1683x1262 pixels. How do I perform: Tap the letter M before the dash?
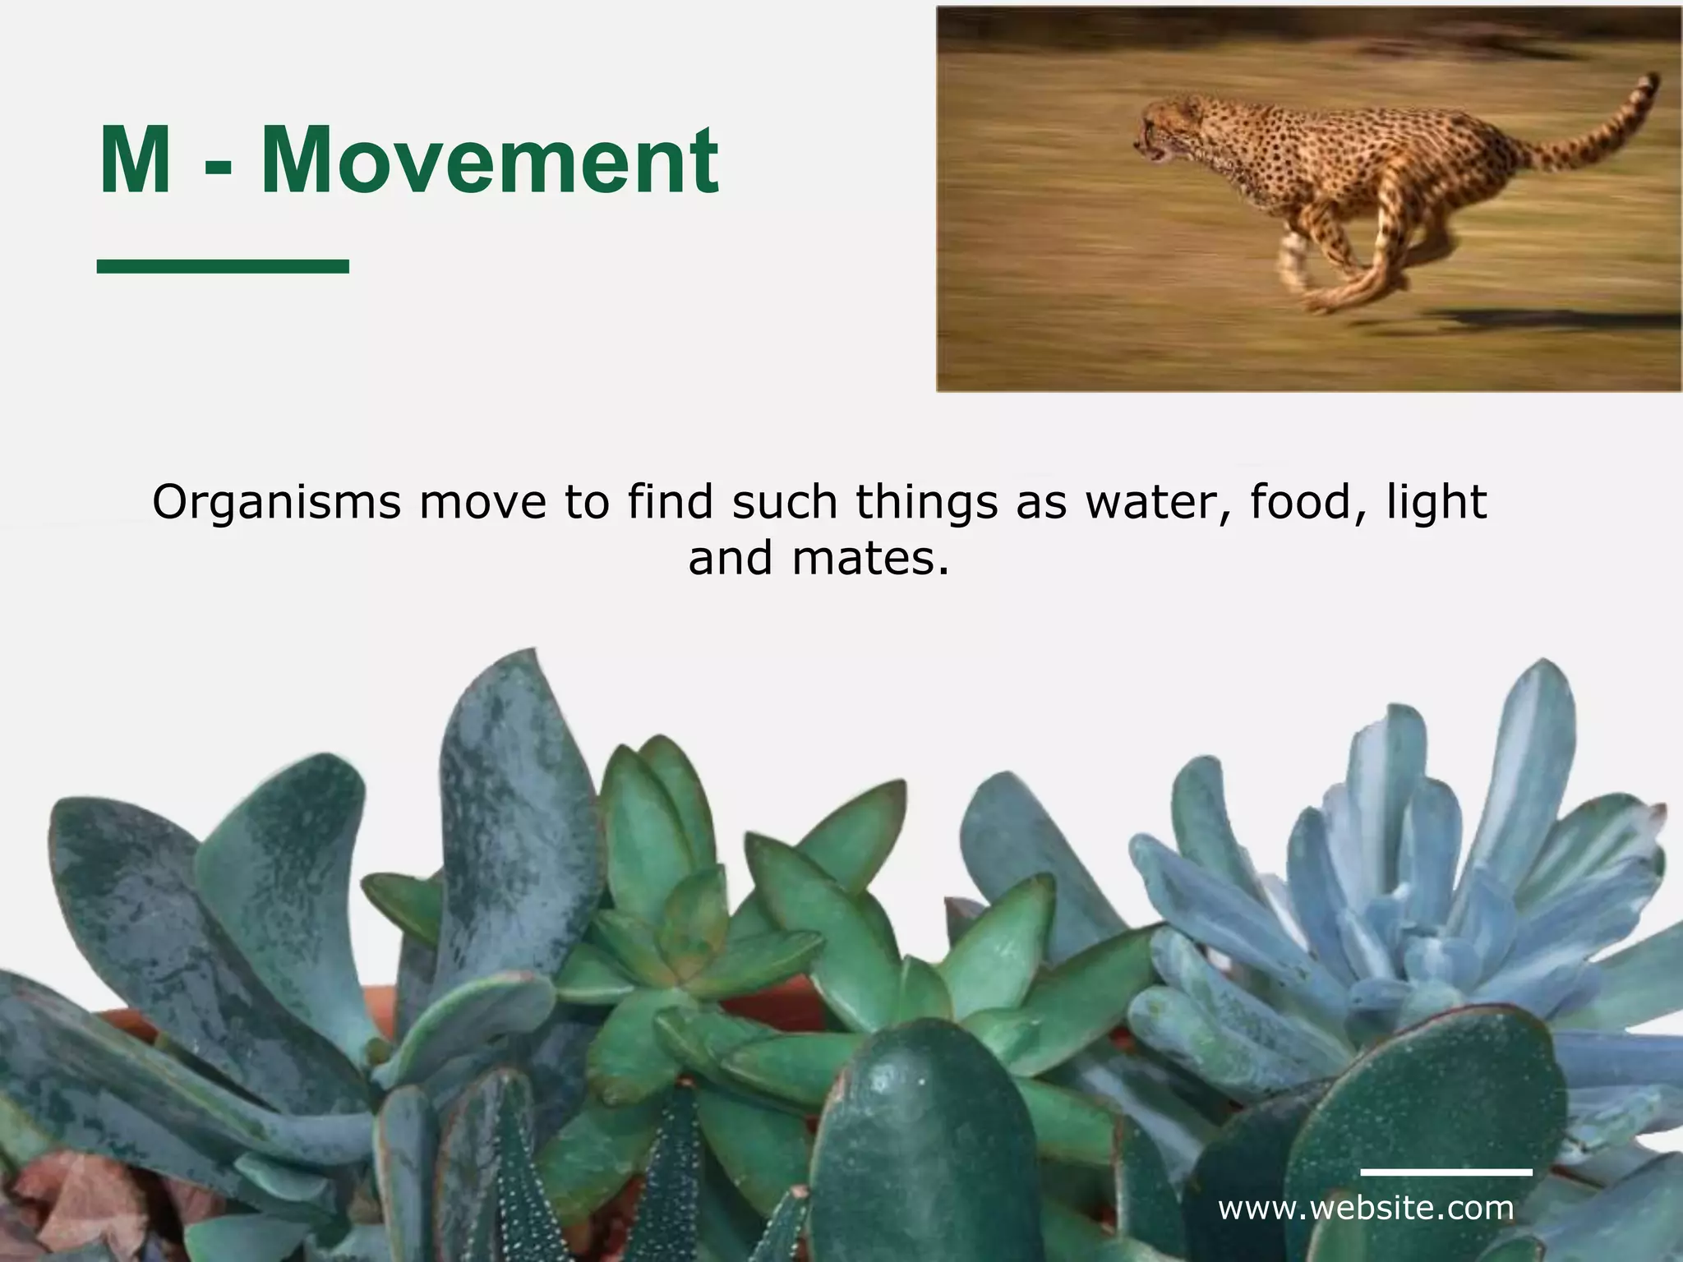pos(134,161)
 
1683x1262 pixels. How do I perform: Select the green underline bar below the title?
pos(223,265)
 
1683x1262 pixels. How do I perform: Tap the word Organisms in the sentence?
pos(276,503)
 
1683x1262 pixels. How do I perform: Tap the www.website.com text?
pos(1365,1208)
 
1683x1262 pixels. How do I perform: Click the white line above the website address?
pos(1446,1172)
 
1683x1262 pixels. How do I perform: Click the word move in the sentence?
pos(482,503)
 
